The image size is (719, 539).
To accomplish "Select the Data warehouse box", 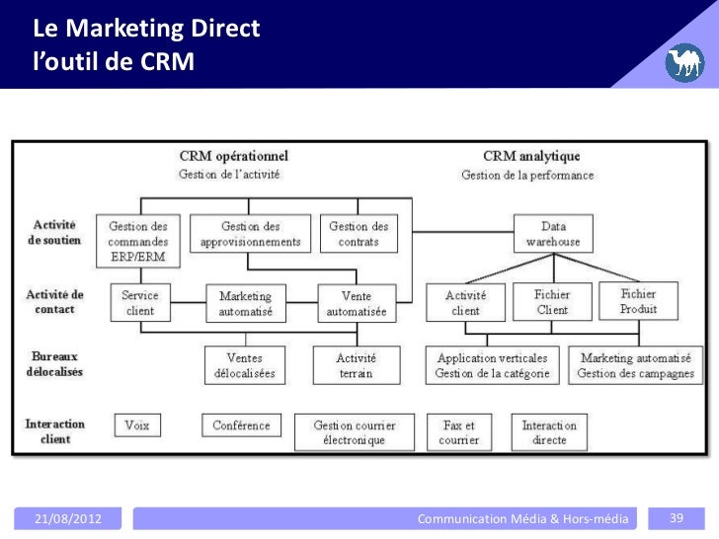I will click(x=553, y=233).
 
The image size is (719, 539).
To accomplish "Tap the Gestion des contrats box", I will click(x=359, y=233).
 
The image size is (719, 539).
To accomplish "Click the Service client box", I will click(x=141, y=301).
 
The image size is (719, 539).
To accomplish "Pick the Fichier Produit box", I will click(x=638, y=301).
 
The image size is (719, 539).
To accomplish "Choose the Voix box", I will click(x=137, y=425).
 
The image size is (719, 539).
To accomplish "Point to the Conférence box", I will click(x=241, y=425).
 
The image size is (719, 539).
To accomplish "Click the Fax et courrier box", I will click(x=458, y=432).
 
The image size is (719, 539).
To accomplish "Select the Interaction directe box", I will click(x=550, y=432).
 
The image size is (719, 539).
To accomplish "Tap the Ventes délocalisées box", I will click(x=245, y=365).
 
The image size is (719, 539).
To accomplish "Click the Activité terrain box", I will click(x=355, y=365).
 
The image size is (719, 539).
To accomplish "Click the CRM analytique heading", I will click(x=530, y=156).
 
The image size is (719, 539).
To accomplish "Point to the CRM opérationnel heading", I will click(x=234, y=156).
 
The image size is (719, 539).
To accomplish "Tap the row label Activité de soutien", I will click(x=53, y=233).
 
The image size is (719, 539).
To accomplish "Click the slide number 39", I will click(x=678, y=517).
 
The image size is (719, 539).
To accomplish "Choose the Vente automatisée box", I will click(x=357, y=303).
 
